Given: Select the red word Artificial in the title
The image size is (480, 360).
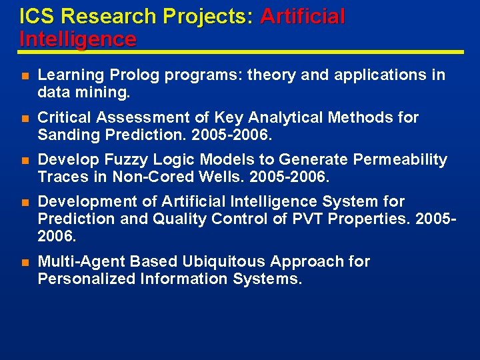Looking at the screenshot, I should click(x=303, y=16).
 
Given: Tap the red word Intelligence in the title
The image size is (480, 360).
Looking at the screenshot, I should click(x=77, y=39).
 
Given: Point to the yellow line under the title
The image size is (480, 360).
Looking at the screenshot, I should click(x=240, y=52).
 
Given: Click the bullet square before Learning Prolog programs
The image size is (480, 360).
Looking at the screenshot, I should click(x=25, y=75).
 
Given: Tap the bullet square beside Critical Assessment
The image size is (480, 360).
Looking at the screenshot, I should click(x=25, y=118).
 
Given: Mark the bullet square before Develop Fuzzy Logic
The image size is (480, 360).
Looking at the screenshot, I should click(x=25, y=160).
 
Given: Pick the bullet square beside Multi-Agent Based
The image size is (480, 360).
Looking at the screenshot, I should click(x=25, y=262).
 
